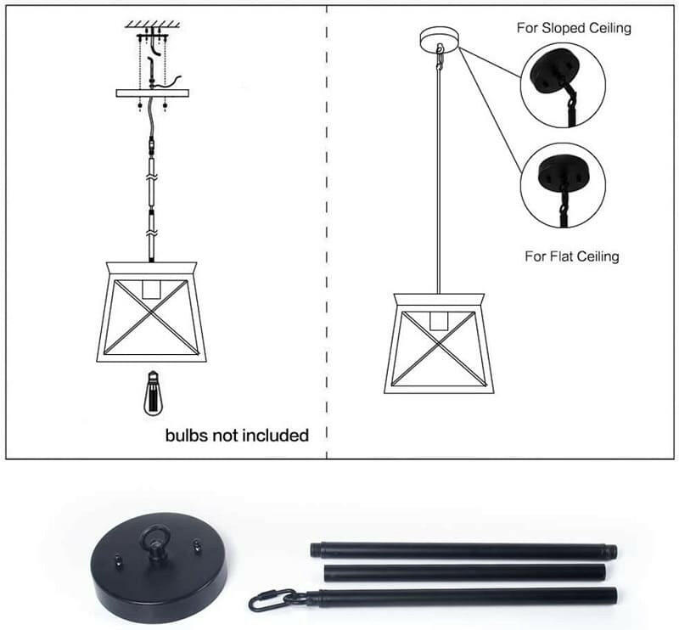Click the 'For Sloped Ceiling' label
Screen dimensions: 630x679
(x=574, y=28)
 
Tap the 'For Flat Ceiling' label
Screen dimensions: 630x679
(x=572, y=256)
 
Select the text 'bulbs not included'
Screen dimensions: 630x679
(x=237, y=436)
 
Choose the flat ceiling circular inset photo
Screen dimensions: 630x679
(x=562, y=184)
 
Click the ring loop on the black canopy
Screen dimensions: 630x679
(x=157, y=537)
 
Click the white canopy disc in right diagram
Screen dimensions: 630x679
(x=439, y=37)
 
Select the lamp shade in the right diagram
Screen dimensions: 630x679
(x=439, y=343)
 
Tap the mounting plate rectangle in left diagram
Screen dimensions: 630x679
(x=152, y=93)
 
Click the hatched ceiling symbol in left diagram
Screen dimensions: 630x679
(x=153, y=24)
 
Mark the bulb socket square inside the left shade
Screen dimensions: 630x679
(x=153, y=289)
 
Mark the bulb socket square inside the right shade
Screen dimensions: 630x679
(x=439, y=321)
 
